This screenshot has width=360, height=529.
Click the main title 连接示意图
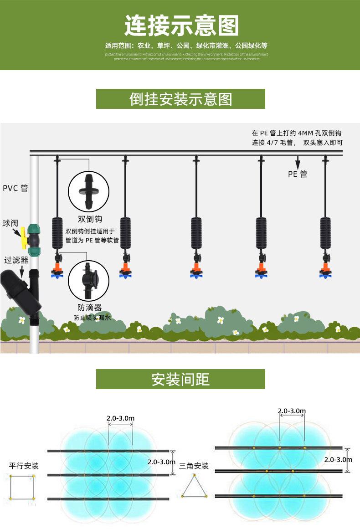coord(181,26)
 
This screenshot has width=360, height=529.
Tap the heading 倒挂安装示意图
coord(180,99)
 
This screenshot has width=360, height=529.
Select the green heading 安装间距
coord(180,379)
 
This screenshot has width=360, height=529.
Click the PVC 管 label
coord(15,188)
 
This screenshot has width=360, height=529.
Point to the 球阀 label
coord(10,223)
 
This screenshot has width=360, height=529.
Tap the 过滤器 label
coord(16,260)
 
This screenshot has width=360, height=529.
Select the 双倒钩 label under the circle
coord(89,219)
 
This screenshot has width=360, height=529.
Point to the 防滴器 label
coord(89,307)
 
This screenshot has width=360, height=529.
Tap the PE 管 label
coord(298,174)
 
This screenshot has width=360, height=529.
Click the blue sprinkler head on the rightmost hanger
coord(325,273)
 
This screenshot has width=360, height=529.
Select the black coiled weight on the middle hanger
coord(196,232)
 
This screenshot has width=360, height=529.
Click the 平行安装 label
coord(24,466)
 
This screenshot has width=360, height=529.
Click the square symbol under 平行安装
coord(22,487)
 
